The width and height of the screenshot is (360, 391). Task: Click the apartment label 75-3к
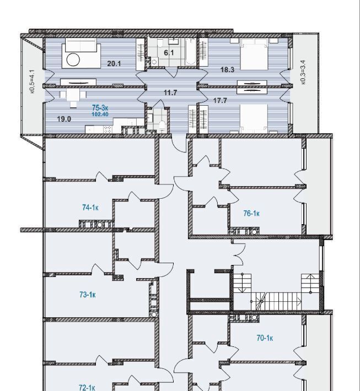pos(100,108)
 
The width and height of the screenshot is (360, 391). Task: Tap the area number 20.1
pos(114,63)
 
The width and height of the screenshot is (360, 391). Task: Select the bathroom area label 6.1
pos(169,53)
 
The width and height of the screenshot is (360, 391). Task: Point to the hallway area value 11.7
pos(170,93)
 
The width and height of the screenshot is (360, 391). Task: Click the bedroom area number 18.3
pos(228,70)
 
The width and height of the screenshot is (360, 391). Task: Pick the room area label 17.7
pos(220,101)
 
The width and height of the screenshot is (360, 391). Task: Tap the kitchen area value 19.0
pos(64,119)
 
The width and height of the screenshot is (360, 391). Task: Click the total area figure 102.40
pos(100,115)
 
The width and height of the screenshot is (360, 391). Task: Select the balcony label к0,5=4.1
pos(32,82)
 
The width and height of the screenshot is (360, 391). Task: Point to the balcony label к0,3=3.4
pos(303,72)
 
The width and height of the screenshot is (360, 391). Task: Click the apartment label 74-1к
pos(90,208)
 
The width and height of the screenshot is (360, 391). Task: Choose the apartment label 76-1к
pos(251,214)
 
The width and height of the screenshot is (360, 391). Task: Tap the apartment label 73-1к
pos(88,295)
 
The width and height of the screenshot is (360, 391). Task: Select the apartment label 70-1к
pos(265,338)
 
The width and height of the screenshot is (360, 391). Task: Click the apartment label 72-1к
pos(87,388)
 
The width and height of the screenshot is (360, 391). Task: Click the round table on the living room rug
pos(73,60)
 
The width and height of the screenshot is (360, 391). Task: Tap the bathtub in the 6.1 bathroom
pos(191,51)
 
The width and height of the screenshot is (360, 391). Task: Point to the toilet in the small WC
pos(162,125)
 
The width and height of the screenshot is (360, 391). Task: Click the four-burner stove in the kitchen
pos(108,129)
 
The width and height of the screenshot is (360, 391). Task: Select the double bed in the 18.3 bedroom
pos(254,54)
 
